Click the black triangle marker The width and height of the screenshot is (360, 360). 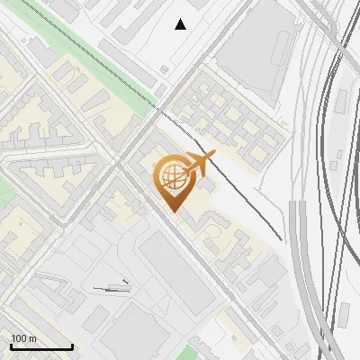(x=181, y=24)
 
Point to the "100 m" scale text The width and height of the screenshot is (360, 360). (x=23, y=338)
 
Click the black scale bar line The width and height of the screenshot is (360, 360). (x=41, y=346)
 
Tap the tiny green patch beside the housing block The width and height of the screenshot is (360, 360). (x=284, y=122)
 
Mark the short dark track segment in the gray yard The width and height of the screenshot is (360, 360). (x=112, y=288)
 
